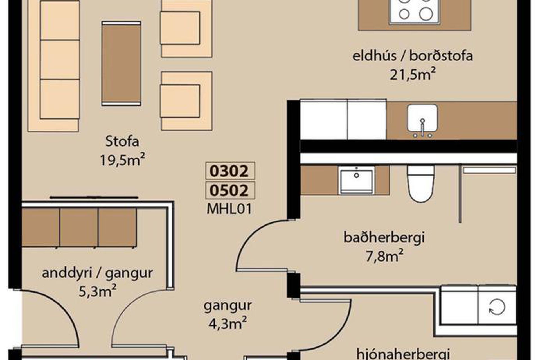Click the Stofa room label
[x=122, y=141]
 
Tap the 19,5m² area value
[x=122, y=160]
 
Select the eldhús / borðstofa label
[x=413, y=56]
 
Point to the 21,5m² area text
[x=413, y=74]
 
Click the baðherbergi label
[x=384, y=238]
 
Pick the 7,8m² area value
[x=384, y=256]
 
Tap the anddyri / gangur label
[x=97, y=273]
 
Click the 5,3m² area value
[x=97, y=291]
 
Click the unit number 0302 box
[x=230, y=171]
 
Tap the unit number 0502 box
[x=230, y=190]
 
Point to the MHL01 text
[x=229, y=209]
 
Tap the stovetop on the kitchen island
[x=415, y=11]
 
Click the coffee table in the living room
[x=121, y=63]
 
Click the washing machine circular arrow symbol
[x=497, y=307]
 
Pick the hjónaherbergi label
[x=403, y=354]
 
